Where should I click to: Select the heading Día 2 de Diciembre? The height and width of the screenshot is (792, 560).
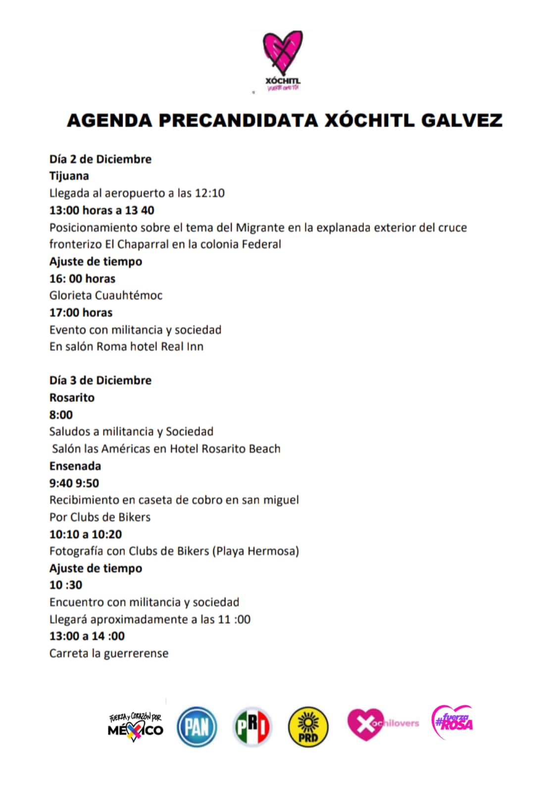[100, 159]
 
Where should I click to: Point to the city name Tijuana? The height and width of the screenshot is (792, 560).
[69, 176]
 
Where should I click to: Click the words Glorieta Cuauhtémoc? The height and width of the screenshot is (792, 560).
[105, 296]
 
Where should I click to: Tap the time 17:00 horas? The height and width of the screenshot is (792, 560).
[81, 313]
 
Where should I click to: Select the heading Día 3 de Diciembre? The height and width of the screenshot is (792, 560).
[100, 381]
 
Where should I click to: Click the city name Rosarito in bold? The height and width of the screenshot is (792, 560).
[72, 398]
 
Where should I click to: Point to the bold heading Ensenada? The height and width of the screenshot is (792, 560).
[75, 466]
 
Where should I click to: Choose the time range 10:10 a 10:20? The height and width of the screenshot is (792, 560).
[85, 535]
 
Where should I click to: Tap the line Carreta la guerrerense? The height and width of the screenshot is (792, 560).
[108, 653]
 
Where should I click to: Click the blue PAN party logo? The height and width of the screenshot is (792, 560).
[197, 726]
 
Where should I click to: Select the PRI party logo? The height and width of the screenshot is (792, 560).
[252, 726]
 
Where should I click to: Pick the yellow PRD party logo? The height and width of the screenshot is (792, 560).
[308, 726]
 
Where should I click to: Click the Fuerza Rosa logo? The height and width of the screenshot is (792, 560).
[452, 723]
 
